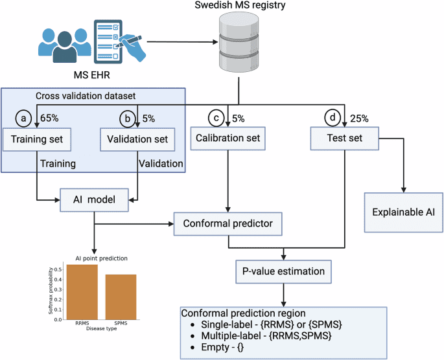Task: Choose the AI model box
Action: point(94,200)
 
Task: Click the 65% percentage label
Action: point(49,118)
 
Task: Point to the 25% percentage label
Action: point(359,118)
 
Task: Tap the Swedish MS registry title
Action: point(241,8)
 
